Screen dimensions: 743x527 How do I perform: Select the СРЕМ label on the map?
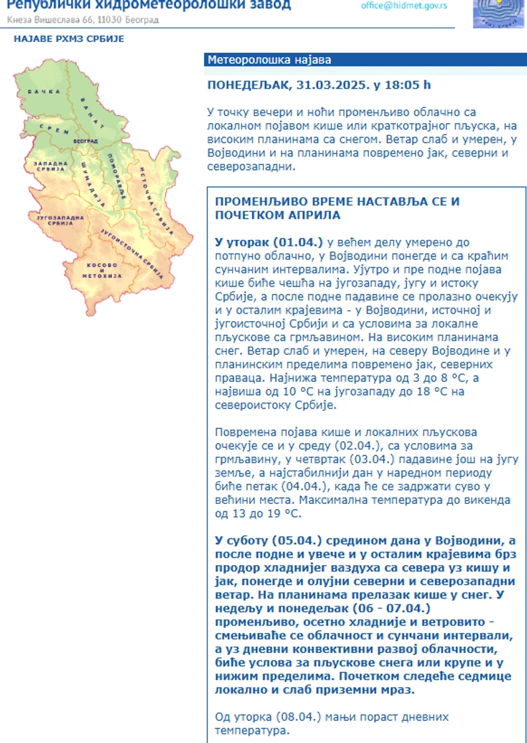50,127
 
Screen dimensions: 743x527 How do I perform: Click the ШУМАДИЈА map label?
88,181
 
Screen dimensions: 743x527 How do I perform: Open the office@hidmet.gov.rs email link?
404,5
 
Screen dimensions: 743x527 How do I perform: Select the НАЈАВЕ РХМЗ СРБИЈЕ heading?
69,39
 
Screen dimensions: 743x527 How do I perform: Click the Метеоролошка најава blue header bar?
365,60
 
